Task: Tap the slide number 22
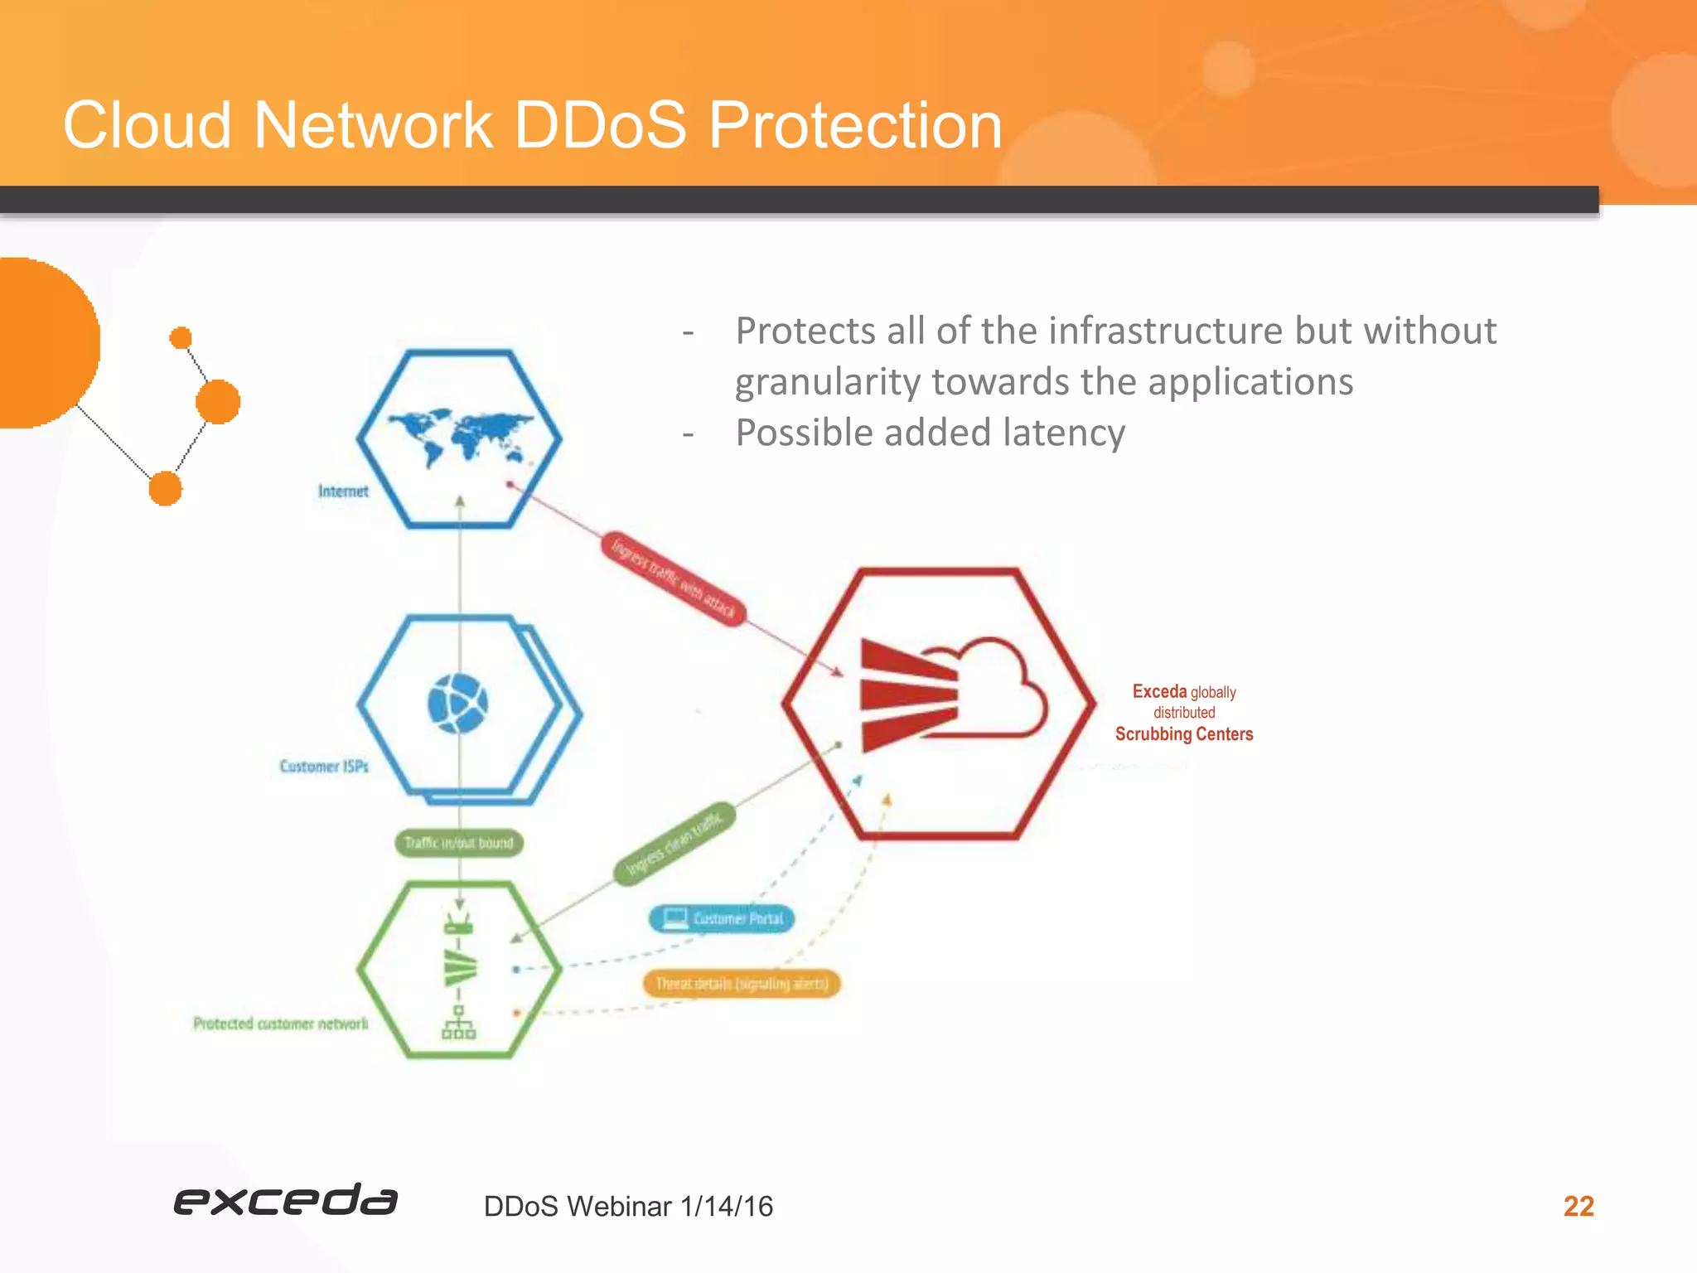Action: pyautogui.click(x=1578, y=1206)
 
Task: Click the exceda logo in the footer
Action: pyautogui.click(x=285, y=1200)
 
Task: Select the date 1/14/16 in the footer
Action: pyautogui.click(x=726, y=1207)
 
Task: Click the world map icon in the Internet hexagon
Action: pyautogui.click(x=461, y=435)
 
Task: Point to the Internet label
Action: pyautogui.click(x=343, y=491)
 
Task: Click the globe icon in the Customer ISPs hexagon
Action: pyautogui.click(x=457, y=704)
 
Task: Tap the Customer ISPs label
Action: pyautogui.click(x=324, y=767)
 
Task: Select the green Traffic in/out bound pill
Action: pyautogui.click(x=459, y=843)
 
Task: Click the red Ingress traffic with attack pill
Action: pyautogui.click(x=673, y=578)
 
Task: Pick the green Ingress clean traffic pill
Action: pyautogui.click(x=674, y=843)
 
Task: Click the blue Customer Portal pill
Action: pyautogui.click(x=721, y=918)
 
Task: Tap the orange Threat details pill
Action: pyautogui.click(x=742, y=984)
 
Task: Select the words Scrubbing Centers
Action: pyautogui.click(x=1183, y=734)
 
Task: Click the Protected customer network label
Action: pyautogui.click(x=280, y=1024)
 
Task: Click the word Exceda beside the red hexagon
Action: pyautogui.click(x=1158, y=691)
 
